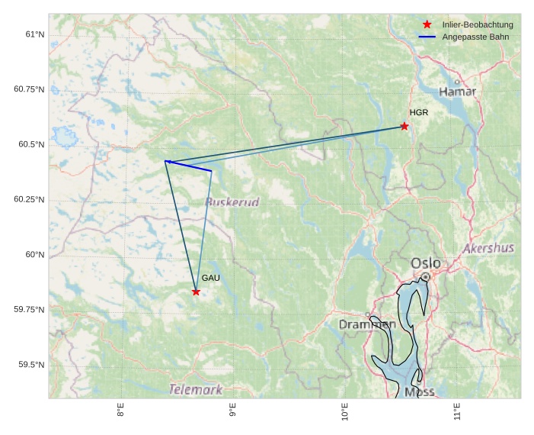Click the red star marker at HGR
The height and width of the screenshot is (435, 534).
[404, 126]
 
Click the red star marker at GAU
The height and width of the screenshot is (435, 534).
[196, 292]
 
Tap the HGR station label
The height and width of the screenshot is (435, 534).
[418, 113]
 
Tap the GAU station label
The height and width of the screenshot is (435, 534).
[210, 278]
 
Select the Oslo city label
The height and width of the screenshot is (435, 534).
[425, 263]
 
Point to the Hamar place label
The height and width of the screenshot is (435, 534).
[457, 92]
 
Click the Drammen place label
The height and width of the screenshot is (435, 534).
[366, 324]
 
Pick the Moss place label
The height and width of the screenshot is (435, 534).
[419, 391]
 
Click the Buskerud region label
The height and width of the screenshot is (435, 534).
[232, 202]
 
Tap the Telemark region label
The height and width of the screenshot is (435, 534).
[196, 390]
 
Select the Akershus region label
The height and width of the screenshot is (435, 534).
[488, 248]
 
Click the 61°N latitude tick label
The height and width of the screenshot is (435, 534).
[34, 34]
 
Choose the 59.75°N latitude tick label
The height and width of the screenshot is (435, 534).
[29, 309]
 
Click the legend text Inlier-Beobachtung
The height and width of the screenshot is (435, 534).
[478, 24]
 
